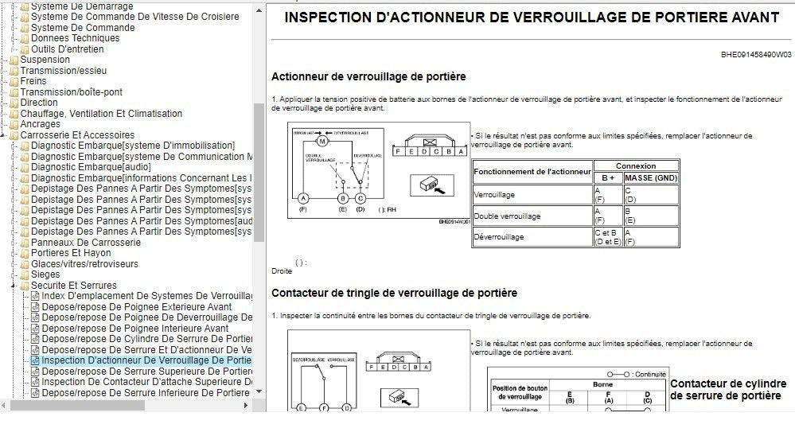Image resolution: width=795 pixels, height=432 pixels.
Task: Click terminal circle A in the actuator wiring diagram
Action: coord(302,198)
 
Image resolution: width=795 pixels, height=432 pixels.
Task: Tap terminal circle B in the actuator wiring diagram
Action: coord(343,198)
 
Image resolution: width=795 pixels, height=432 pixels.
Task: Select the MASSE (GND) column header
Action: coord(650,177)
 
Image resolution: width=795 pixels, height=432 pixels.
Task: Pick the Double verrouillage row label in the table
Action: coord(507,216)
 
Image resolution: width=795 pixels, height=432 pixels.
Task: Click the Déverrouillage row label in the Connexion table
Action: coord(499,237)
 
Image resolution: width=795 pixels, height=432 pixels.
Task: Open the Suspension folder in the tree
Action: coord(45,60)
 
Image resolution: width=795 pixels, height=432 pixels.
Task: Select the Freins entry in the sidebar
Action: coord(33,81)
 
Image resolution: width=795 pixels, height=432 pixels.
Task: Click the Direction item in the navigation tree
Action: coord(39,103)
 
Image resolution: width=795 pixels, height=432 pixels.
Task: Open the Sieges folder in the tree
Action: coord(45,274)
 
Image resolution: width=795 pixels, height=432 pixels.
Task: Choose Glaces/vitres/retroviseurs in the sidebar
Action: coord(84,264)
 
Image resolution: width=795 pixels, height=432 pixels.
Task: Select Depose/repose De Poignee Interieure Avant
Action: coord(135,329)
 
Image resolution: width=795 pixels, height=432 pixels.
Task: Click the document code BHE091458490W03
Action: coord(756,55)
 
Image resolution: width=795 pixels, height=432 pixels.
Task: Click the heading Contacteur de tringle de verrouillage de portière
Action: coord(394,293)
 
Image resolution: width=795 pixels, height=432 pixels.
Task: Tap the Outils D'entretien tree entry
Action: coord(67,49)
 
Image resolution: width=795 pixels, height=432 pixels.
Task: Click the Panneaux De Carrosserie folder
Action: coord(86,243)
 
